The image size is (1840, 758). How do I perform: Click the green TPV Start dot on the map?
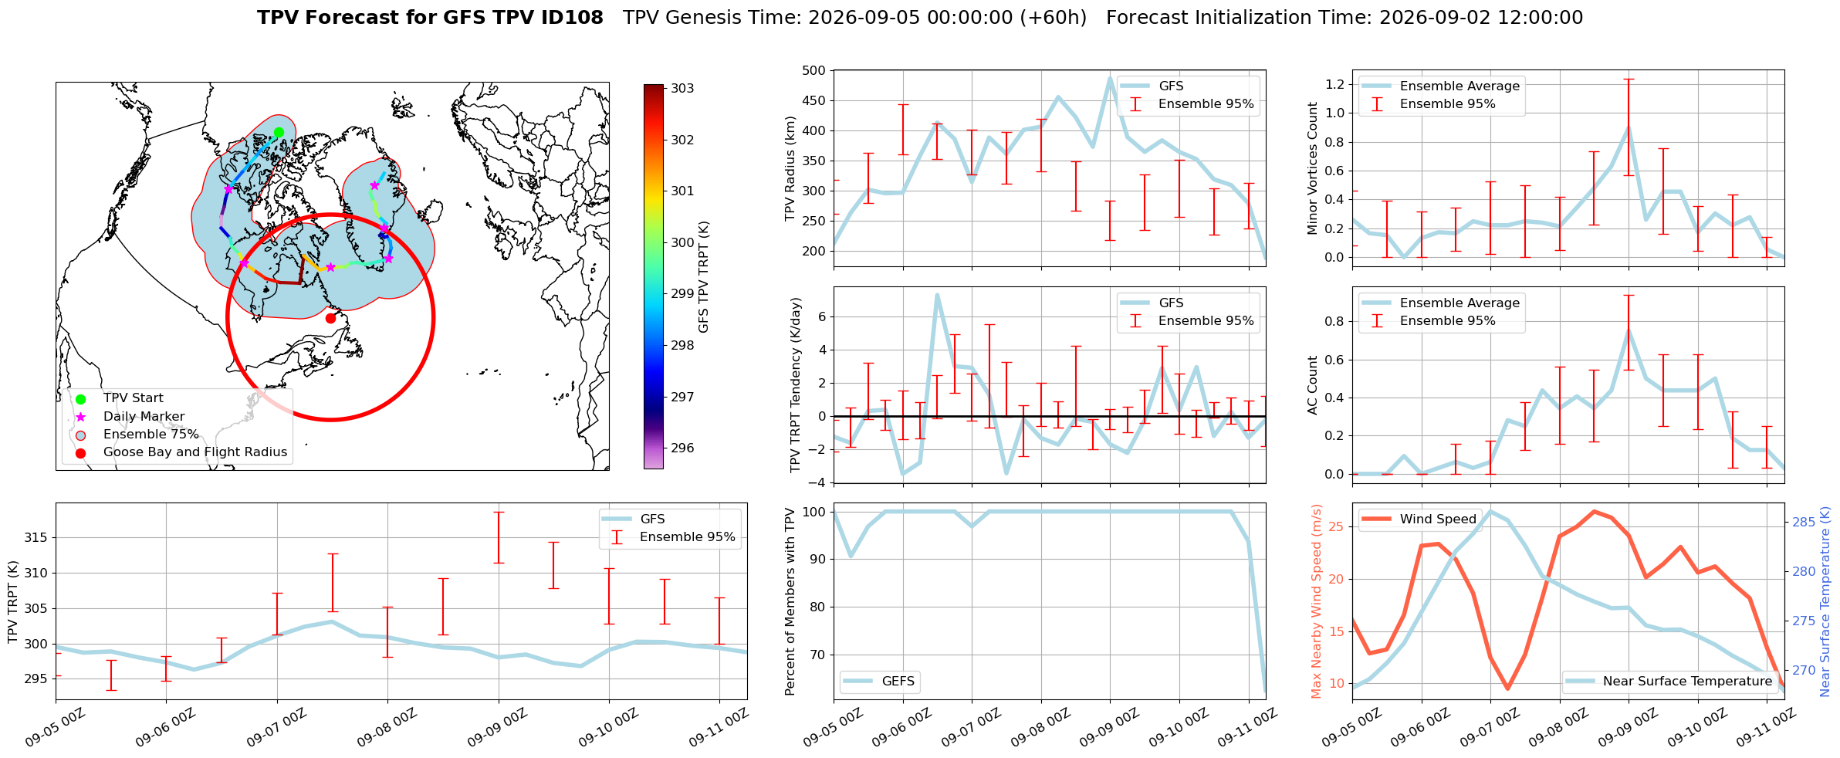[x=279, y=132]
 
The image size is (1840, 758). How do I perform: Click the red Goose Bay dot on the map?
[x=330, y=318]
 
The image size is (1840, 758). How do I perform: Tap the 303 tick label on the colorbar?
[x=682, y=89]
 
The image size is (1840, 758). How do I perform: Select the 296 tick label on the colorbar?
[x=682, y=448]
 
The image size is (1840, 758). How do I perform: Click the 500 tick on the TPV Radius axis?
[x=815, y=71]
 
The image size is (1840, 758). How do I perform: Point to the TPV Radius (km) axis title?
[x=790, y=168]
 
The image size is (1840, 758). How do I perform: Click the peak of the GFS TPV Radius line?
[x=1110, y=77]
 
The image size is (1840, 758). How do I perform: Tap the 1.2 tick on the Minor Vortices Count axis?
[x=1334, y=84]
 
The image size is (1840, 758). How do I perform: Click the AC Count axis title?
[x=1313, y=385]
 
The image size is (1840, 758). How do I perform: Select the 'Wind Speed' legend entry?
[x=1419, y=519]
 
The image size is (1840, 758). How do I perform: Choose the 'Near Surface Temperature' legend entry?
[x=1669, y=682]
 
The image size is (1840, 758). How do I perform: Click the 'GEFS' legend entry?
[x=879, y=682]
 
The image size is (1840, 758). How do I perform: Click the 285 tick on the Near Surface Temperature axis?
[x=1804, y=523]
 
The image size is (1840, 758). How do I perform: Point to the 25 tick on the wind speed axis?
[x=1335, y=527]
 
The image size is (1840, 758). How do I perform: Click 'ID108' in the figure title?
[x=570, y=18]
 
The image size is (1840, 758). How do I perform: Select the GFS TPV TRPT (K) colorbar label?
[x=703, y=277]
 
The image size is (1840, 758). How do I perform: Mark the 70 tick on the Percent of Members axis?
[x=817, y=655]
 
